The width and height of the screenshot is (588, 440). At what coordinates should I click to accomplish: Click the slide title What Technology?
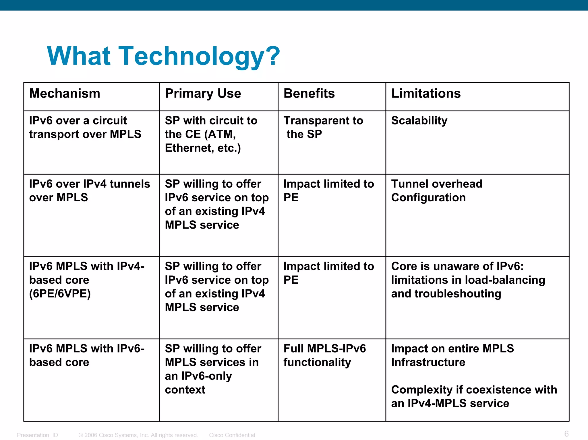(x=163, y=56)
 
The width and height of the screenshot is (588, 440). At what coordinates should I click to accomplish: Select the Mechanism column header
(x=65, y=94)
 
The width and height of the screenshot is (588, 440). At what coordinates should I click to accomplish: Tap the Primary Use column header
(x=203, y=94)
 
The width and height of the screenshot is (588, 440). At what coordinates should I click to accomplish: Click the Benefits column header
(x=309, y=94)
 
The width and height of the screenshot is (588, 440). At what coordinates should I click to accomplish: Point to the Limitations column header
(x=426, y=94)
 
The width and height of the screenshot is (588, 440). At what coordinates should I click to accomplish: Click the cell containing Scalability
(x=419, y=121)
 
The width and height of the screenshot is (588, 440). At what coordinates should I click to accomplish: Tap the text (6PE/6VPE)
(x=60, y=294)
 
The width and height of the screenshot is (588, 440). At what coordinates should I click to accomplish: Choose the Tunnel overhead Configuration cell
(x=436, y=191)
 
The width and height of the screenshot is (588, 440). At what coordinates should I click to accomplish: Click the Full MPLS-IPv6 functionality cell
(x=324, y=355)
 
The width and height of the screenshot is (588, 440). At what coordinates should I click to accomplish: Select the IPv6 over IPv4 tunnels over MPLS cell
(x=89, y=191)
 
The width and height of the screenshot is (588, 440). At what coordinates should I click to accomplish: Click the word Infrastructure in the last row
(x=428, y=363)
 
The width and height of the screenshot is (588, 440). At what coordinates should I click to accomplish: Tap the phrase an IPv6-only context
(x=198, y=383)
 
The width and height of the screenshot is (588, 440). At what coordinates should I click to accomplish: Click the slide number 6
(x=566, y=434)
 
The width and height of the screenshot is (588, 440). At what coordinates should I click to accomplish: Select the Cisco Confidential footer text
(x=232, y=435)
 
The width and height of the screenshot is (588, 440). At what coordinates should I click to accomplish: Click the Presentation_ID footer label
(x=37, y=435)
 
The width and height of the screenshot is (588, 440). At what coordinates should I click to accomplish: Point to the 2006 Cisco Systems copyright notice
(x=138, y=435)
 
